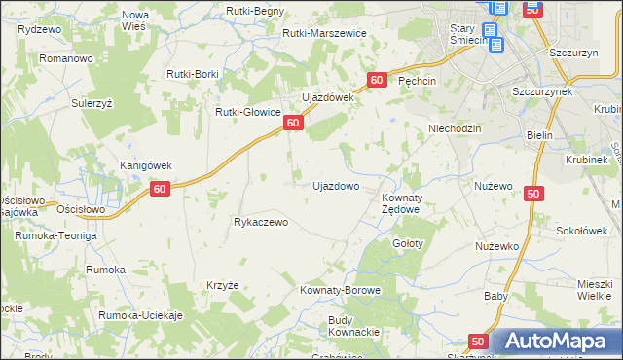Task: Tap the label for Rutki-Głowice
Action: (248, 112)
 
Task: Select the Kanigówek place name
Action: (145, 165)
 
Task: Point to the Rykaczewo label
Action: (261, 222)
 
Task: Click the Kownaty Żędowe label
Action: (399, 203)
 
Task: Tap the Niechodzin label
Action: (457, 128)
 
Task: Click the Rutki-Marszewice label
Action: (324, 33)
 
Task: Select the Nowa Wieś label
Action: (135, 20)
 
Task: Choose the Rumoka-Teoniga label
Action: (55, 235)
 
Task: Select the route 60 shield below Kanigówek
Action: (162, 190)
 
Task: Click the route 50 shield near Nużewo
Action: (532, 195)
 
